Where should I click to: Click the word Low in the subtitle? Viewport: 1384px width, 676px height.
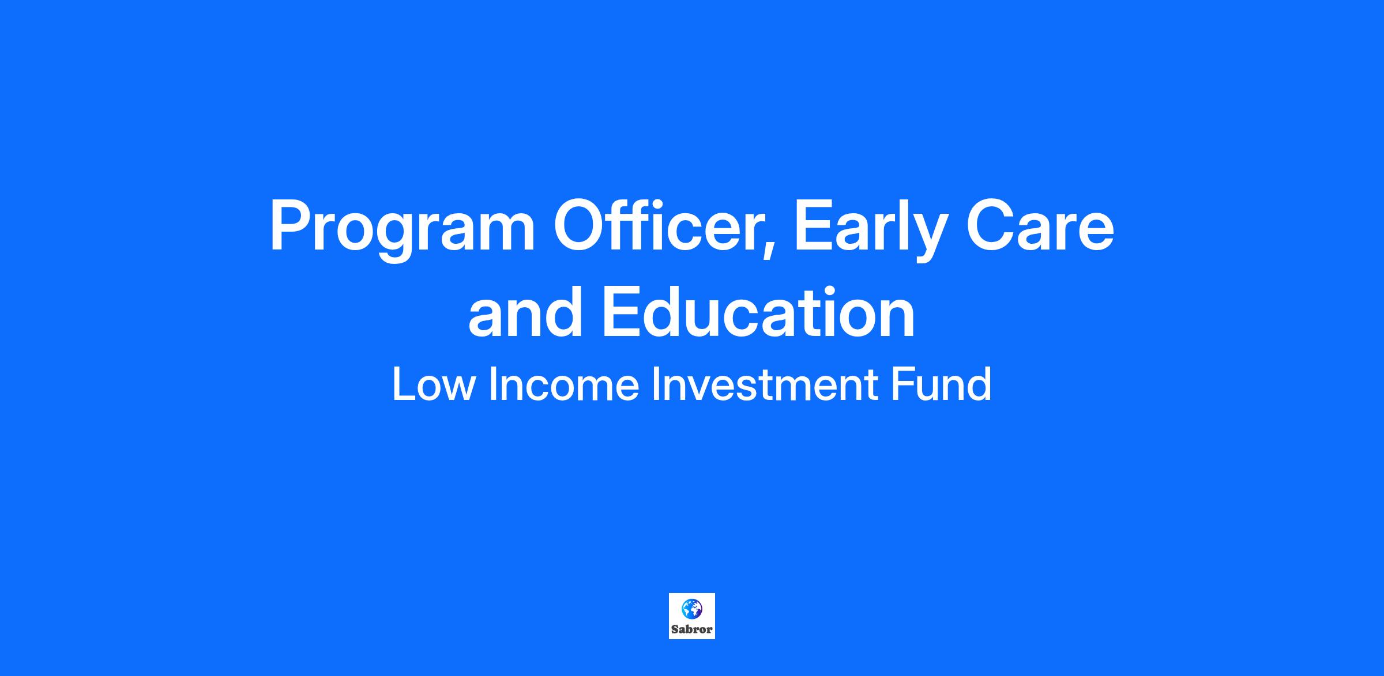[433, 384]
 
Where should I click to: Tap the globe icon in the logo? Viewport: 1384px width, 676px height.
[691, 608]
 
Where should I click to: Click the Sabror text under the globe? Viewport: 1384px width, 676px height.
[691, 629]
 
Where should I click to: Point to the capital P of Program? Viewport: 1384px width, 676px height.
[291, 226]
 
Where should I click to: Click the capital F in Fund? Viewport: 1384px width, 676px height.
[903, 384]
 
